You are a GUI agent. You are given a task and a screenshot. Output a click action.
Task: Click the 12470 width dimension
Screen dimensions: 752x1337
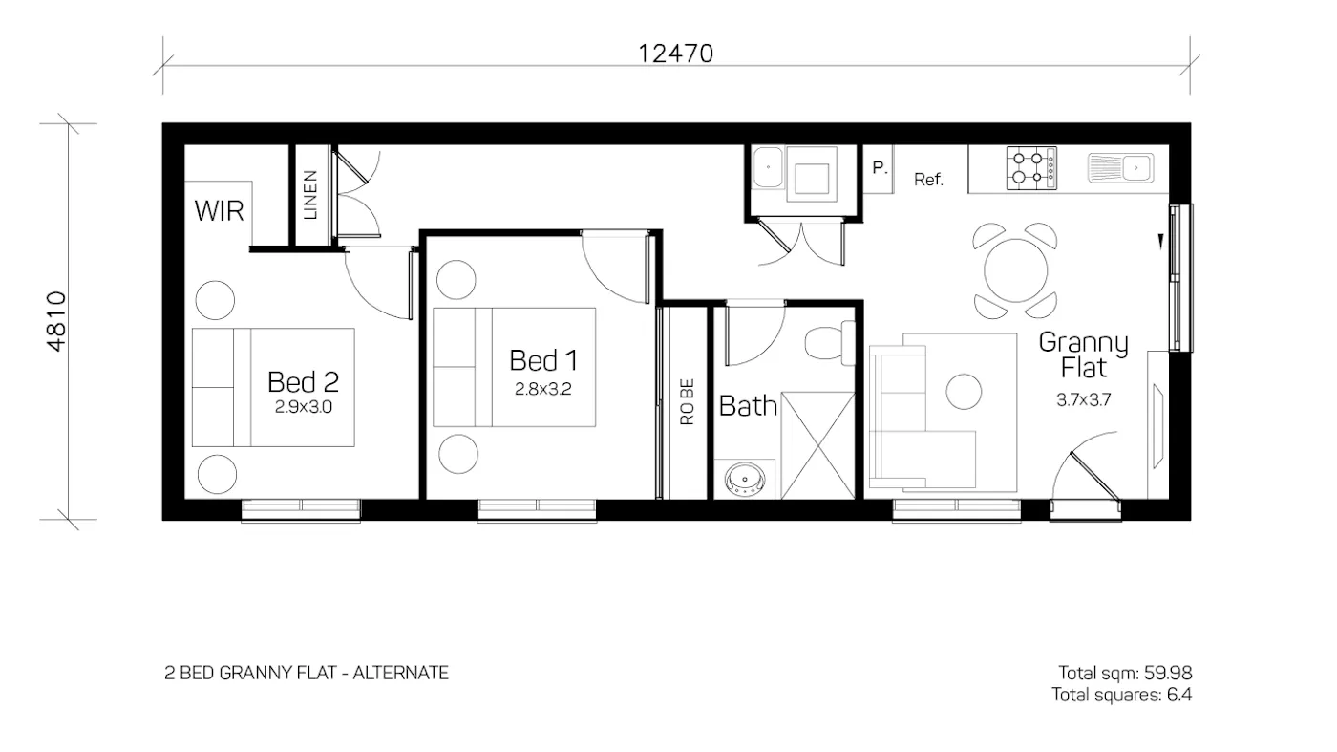tap(675, 54)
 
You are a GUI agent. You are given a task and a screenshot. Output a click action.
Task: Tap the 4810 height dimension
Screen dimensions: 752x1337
tap(56, 321)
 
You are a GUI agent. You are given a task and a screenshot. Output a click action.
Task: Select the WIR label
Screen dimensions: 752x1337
tap(219, 211)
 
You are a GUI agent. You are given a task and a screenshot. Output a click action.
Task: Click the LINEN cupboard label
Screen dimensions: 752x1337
tap(310, 195)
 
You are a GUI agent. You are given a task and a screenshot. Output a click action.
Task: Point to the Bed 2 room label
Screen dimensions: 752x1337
tap(303, 382)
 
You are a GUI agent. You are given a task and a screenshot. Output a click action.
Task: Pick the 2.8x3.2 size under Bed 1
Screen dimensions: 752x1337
tap(543, 389)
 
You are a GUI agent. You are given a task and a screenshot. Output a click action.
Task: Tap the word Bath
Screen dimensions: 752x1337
tap(748, 406)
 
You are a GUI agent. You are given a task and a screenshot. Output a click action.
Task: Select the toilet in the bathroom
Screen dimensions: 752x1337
tap(827, 342)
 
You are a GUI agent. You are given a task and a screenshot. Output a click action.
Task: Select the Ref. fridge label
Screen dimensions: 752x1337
tap(928, 179)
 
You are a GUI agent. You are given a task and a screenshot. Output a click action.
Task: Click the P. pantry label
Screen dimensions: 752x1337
tap(880, 167)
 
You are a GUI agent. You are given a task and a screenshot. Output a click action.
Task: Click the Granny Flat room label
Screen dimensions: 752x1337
tap(1083, 354)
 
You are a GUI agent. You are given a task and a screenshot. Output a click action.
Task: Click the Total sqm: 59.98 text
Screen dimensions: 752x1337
tap(1125, 672)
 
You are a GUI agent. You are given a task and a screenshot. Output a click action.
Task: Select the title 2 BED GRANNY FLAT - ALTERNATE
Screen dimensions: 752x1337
tap(307, 673)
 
